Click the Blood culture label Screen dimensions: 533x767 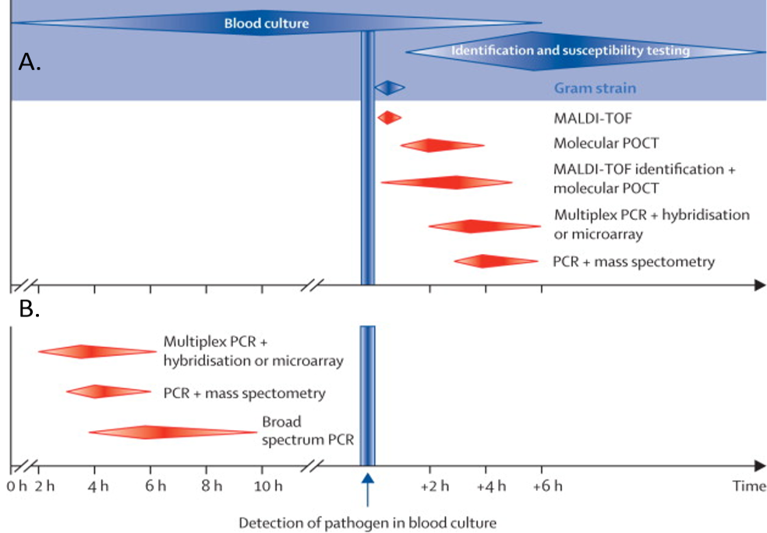point(267,23)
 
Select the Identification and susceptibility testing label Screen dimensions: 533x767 point(571,51)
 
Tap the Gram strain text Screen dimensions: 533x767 point(595,88)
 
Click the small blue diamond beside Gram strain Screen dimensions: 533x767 point(390,88)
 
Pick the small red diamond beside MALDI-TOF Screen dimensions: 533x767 point(389,118)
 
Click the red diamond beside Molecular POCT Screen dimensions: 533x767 point(441,146)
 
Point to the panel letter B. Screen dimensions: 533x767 point(29,309)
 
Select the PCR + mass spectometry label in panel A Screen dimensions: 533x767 point(633,262)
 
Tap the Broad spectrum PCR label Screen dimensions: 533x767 point(308,431)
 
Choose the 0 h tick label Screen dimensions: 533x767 point(16,487)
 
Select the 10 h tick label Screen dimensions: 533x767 point(267,487)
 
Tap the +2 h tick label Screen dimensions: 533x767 point(434,487)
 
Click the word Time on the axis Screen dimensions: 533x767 point(748,487)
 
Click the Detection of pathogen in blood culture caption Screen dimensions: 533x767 point(367,521)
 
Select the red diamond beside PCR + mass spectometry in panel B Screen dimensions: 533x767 point(108,392)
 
